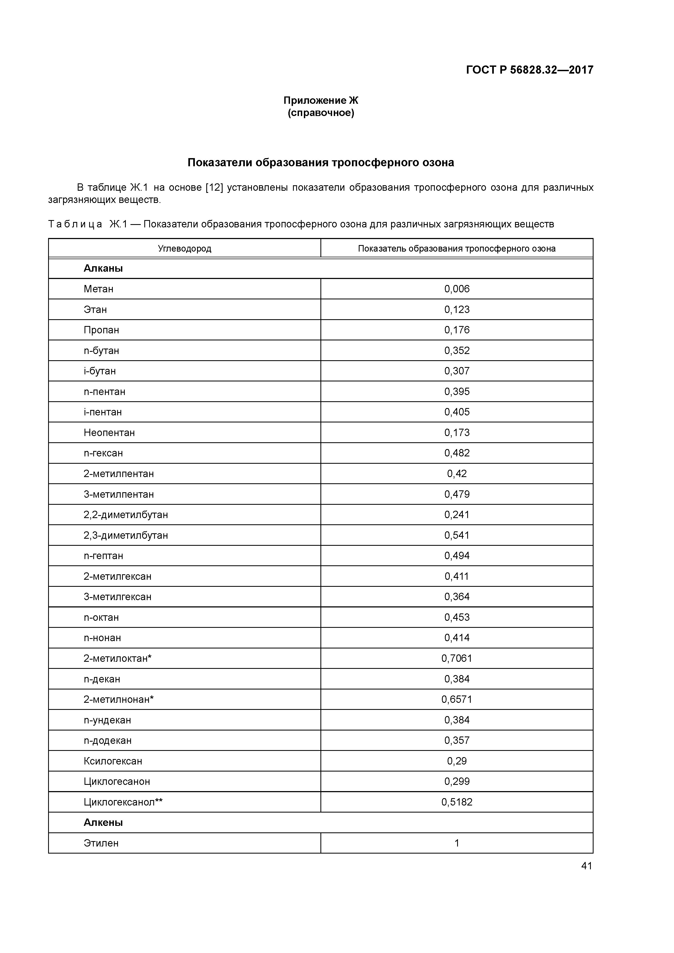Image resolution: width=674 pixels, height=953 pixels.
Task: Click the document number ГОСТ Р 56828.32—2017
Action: coord(529,70)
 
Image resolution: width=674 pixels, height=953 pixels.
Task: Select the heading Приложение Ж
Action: coord(321,101)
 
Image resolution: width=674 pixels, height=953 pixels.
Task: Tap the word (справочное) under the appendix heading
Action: coord(321,113)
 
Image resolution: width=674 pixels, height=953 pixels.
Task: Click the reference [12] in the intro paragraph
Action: coord(214,188)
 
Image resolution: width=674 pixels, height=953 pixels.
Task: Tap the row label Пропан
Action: coord(101,330)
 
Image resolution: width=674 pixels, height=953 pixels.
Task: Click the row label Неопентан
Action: coord(109,432)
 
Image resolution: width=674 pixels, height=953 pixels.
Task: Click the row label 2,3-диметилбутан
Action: coord(126,535)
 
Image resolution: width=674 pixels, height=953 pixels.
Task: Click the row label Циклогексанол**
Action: coord(123,802)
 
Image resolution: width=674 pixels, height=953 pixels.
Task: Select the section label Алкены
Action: coord(103,822)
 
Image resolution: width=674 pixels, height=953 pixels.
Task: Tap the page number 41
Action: coord(586,866)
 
